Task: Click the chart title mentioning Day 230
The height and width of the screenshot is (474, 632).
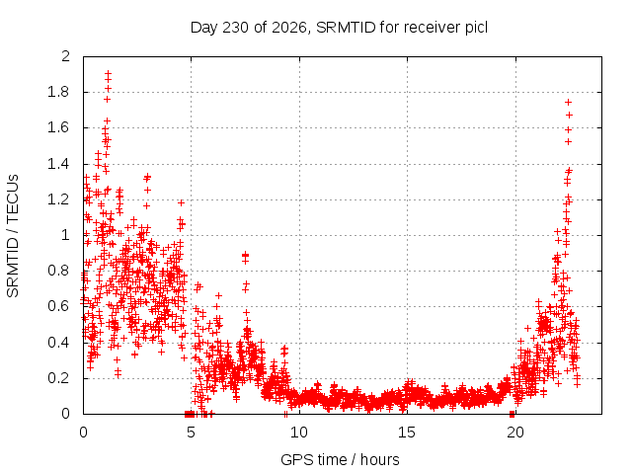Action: tap(339, 28)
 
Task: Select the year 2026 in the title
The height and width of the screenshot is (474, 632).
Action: tap(289, 28)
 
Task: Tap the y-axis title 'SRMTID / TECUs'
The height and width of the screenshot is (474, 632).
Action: tap(13, 236)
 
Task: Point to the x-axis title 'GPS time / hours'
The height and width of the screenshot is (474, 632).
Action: tap(340, 459)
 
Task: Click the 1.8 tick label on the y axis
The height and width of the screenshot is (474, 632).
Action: tap(58, 92)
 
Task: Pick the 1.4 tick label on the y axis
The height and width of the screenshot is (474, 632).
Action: tap(58, 164)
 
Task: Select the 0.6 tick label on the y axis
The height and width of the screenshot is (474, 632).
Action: tap(58, 306)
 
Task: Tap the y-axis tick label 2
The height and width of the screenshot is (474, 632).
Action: tap(65, 56)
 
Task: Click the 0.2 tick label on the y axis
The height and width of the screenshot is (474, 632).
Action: tap(58, 377)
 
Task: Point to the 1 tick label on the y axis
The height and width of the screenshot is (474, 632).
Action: tap(65, 235)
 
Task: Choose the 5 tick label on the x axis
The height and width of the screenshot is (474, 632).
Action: tap(191, 433)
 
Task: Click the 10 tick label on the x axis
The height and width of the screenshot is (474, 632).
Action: tap(299, 433)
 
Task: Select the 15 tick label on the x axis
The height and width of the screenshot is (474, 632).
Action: tap(407, 433)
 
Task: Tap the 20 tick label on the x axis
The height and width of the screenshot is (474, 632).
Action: tap(515, 433)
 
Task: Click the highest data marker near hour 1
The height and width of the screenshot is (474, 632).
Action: tap(108, 74)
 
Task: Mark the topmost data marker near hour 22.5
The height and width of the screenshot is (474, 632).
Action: tap(569, 103)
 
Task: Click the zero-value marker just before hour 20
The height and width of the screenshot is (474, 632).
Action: tap(512, 414)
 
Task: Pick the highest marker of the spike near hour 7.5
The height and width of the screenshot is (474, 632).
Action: tap(245, 255)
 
